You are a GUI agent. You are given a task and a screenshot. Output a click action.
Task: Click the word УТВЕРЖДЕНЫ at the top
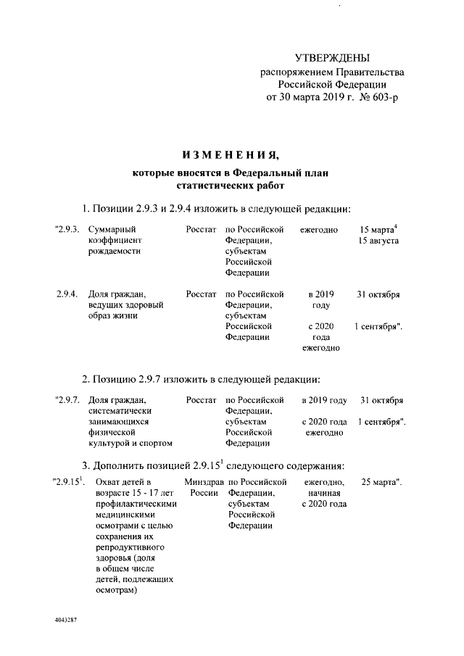click(332, 57)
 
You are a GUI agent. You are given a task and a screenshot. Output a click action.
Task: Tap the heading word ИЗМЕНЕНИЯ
click(231, 154)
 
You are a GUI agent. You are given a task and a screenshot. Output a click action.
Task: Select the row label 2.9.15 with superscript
click(70, 481)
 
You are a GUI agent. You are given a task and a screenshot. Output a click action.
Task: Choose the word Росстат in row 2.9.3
click(201, 230)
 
